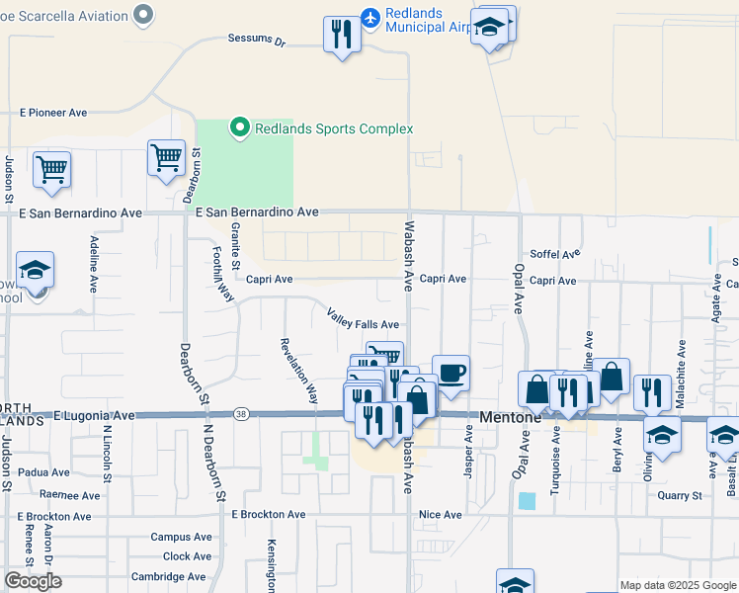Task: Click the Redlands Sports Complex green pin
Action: [238, 127]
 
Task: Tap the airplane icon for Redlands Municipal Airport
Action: [370, 18]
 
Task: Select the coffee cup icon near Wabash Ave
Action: [451, 373]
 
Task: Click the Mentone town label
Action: [510, 417]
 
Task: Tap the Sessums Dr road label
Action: [256, 42]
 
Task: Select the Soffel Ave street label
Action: [553, 254]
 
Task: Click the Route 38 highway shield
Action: [240, 413]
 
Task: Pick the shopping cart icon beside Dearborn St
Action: [166, 156]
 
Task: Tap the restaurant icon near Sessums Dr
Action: [342, 35]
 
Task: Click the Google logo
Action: [33, 581]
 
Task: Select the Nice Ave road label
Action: [440, 515]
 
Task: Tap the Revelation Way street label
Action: [299, 371]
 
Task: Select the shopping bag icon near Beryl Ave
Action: [612, 376]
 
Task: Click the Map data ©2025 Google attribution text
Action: [678, 585]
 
